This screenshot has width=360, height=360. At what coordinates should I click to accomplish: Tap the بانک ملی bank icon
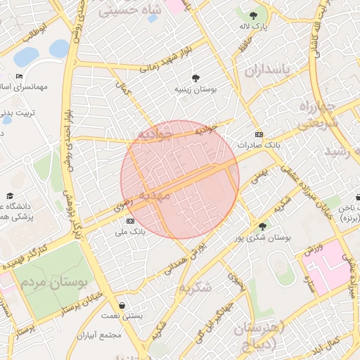pos(129,221)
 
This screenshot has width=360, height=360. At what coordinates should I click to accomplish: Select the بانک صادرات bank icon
pos(259,134)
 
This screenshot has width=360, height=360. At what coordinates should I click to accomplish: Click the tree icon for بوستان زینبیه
pos(195,78)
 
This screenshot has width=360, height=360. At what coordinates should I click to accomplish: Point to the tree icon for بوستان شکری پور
pos(262,226)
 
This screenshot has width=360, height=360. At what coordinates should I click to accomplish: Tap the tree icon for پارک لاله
pos(253,14)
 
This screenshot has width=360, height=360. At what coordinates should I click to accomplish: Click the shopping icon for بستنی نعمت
pos(123,306)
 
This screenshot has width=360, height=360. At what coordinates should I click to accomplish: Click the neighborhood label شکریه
pos(195,288)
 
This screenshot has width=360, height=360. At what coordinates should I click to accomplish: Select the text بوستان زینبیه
pos(195,90)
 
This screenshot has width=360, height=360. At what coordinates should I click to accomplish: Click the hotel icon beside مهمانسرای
pos(19,76)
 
